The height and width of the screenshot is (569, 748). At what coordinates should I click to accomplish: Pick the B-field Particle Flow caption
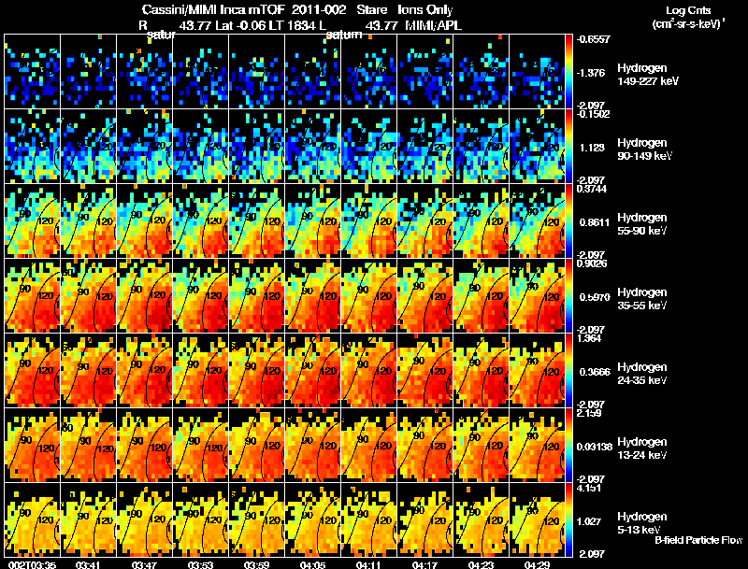coord(698,540)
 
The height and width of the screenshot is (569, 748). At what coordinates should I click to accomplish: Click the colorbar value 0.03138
coord(594,448)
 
